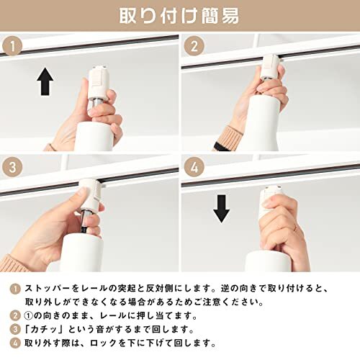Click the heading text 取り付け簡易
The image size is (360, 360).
click(179, 16)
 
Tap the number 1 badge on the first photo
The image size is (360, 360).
click(12, 45)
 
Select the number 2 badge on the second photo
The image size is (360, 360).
click(194, 45)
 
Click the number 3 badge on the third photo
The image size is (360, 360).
click(12, 166)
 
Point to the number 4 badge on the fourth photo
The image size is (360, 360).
click(194, 166)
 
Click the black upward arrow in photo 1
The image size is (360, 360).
click(45, 81)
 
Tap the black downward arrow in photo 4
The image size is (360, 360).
click(221, 209)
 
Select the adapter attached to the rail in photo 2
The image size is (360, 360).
click(271, 66)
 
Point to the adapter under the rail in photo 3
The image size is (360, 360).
click(89, 194)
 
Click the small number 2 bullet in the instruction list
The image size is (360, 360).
click(15, 316)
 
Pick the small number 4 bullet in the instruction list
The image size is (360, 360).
click(15, 343)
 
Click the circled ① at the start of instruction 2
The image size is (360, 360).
click(28, 316)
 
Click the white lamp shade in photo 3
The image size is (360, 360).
click(81, 253)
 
